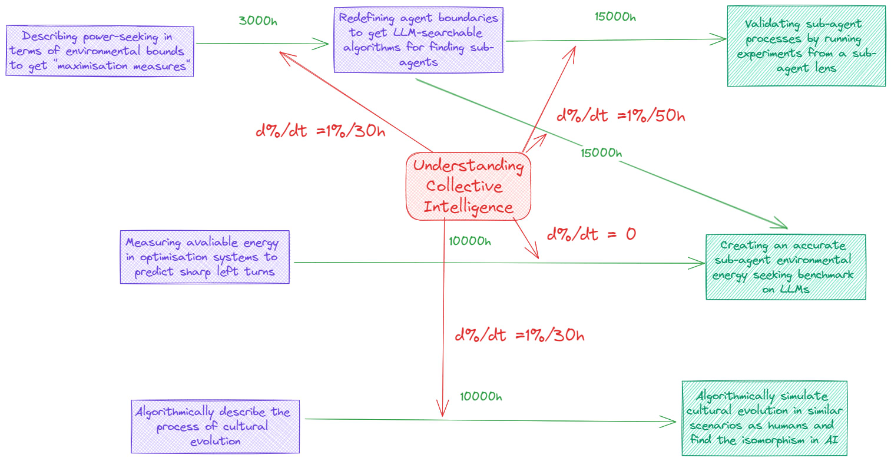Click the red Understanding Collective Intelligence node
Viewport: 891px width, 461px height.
[468, 186]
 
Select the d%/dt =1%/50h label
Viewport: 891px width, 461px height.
[621, 115]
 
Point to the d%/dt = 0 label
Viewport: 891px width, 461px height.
[591, 234]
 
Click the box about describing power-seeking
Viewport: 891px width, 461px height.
[100, 51]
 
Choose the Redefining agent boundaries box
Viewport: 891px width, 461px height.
[418, 40]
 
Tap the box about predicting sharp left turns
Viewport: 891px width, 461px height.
[204, 257]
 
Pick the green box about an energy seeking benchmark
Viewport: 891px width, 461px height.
[785, 267]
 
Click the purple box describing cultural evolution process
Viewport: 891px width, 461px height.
[215, 427]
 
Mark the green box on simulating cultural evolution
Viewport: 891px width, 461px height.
[764, 418]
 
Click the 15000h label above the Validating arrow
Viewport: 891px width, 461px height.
[615, 16]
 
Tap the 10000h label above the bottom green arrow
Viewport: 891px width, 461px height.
[481, 396]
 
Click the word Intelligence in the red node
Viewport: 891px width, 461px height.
[468, 207]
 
